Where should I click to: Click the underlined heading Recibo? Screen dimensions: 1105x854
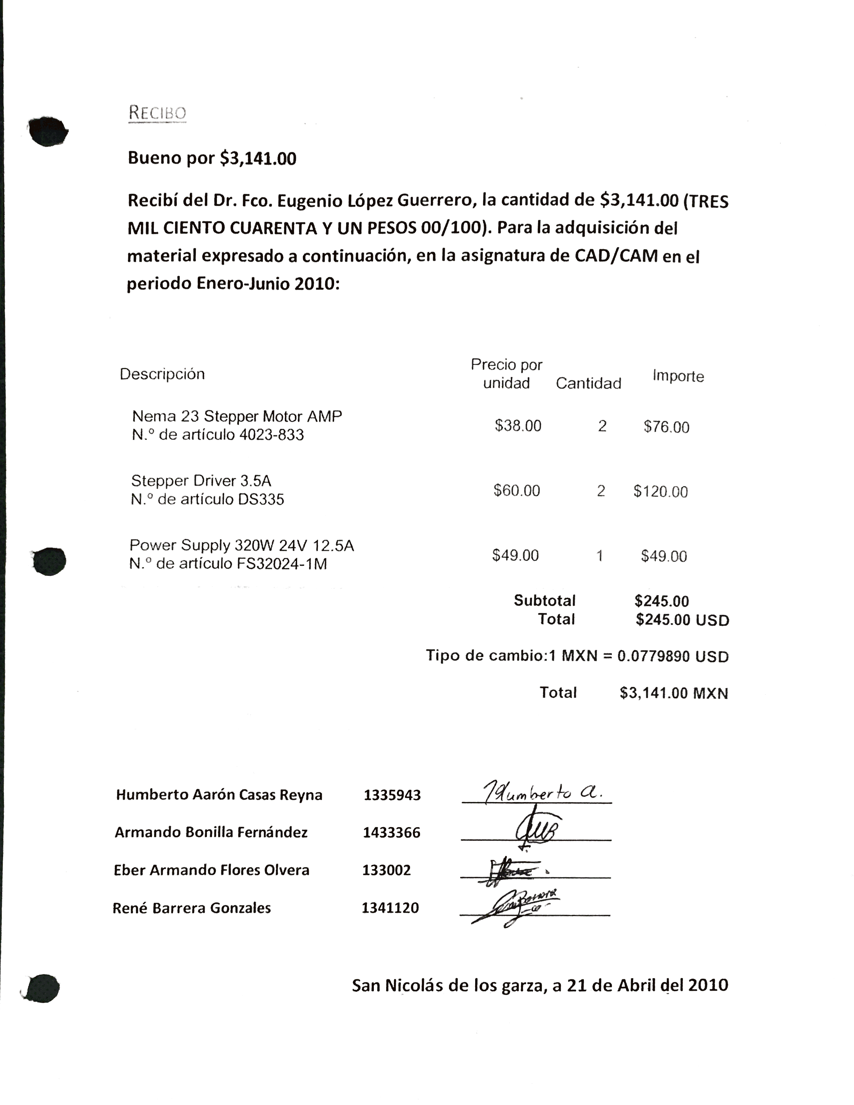click(x=157, y=112)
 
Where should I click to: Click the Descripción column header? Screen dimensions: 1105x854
click(x=162, y=374)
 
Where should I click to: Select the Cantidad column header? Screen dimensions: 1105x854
click(x=588, y=383)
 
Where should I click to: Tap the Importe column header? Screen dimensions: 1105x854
click(x=678, y=376)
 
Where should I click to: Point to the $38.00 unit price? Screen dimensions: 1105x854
click(x=518, y=426)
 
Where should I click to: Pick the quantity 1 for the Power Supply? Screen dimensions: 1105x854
click(x=600, y=555)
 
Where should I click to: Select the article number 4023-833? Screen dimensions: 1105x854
click(x=272, y=435)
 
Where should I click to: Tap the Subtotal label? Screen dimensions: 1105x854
click(x=545, y=600)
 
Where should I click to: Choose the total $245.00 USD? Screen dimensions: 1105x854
click(x=682, y=620)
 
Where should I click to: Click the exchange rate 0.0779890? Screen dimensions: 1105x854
click(x=654, y=656)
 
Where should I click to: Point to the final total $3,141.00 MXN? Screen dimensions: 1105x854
click(x=673, y=693)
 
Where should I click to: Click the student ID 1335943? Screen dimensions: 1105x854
click(x=392, y=795)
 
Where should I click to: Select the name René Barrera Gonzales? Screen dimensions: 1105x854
click(x=192, y=908)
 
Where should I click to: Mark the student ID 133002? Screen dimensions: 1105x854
click(x=387, y=870)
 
